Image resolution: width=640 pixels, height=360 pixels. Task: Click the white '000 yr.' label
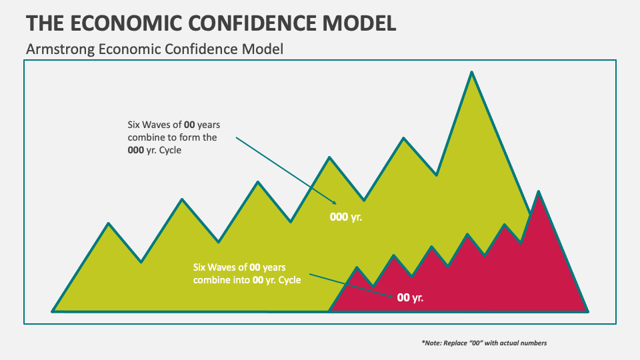click(345, 217)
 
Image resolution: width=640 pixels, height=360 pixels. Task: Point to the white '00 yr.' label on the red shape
click(410, 297)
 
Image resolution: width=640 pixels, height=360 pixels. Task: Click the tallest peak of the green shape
click(471, 73)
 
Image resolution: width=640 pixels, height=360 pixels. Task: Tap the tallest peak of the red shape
click(538, 193)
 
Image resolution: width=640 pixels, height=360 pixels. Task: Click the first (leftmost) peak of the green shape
click(109, 224)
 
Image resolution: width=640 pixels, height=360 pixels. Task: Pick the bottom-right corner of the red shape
click(587, 310)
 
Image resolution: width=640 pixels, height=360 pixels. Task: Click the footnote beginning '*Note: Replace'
click(483, 343)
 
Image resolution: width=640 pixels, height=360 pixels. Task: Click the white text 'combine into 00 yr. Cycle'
click(247, 280)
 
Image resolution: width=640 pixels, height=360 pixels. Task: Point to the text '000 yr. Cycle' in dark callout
click(155, 150)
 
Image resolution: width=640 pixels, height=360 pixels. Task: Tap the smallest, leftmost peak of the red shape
click(357, 268)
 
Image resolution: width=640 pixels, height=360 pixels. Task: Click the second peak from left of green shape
click(181, 199)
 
